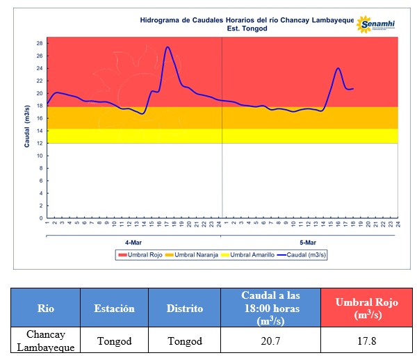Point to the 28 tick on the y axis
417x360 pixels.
[40, 43]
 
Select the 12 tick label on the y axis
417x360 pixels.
[40, 143]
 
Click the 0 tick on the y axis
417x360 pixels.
[41, 218]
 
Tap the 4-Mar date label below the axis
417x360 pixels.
[133, 243]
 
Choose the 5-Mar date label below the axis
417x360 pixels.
[307, 243]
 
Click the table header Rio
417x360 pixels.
[46, 308]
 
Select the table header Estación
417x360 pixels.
[115, 308]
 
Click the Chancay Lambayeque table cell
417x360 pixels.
[46, 341]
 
